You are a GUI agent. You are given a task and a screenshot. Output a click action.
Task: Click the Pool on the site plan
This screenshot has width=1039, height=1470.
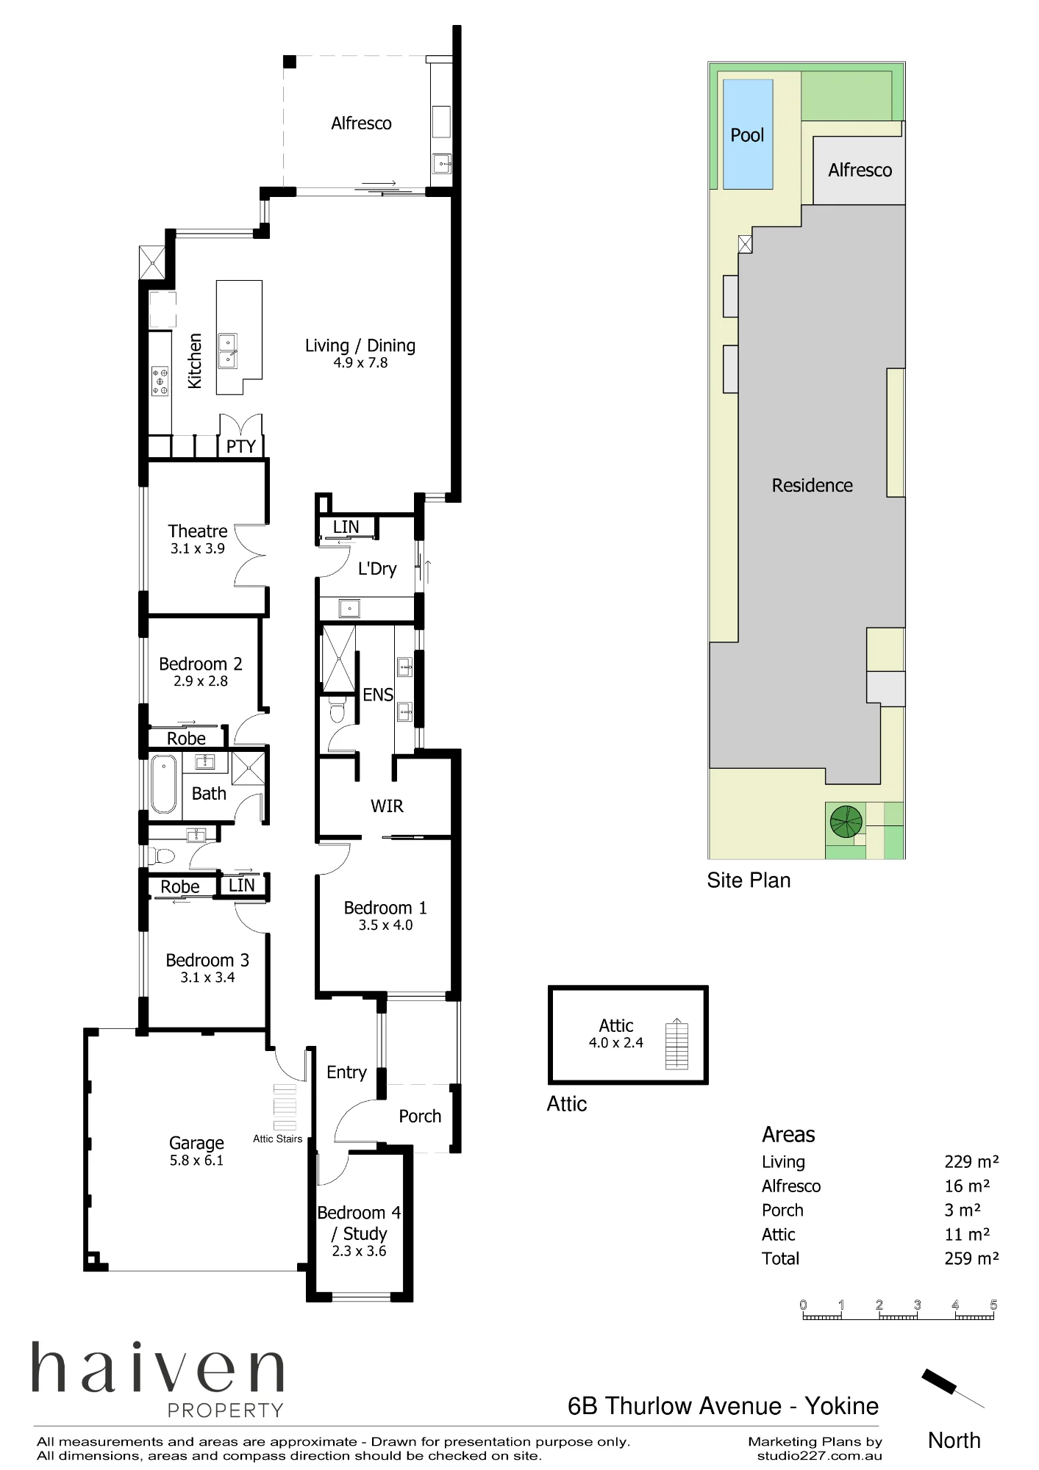[748, 134]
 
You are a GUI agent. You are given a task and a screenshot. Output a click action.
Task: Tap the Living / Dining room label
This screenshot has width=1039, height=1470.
[360, 345]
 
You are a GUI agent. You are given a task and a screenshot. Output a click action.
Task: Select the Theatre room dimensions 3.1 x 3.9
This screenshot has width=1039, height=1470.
[198, 548]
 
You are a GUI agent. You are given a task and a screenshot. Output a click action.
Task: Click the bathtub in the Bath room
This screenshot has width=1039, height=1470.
[164, 786]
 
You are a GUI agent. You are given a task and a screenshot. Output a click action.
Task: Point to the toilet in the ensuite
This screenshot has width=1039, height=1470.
[337, 711]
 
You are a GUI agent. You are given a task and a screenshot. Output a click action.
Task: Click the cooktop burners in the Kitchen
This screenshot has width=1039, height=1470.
[160, 381]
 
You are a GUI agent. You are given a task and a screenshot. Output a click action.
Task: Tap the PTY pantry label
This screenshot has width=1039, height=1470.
[241, 446]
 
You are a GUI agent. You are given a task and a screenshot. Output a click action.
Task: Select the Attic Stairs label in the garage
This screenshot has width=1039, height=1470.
[277, 1139]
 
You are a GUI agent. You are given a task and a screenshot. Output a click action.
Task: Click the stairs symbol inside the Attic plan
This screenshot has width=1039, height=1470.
[676, 1044]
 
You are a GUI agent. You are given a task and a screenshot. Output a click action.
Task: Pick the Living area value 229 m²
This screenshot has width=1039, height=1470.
[971, 1161]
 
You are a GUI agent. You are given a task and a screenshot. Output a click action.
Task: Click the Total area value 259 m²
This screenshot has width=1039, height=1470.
[971, 1258]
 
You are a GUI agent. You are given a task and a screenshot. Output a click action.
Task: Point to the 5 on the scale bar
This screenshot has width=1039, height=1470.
[993, 1305]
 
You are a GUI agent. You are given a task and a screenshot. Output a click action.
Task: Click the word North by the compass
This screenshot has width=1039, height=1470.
[954, 1440]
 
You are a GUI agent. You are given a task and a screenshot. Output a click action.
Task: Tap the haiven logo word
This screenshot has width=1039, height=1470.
[157, 1368]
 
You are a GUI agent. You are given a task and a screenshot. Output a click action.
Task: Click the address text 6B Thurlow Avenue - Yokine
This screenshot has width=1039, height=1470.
[723, 1405]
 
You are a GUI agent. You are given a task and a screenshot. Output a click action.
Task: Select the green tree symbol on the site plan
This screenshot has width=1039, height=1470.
[846, 822]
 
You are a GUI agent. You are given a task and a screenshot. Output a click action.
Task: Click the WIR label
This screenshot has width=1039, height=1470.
[387, 806]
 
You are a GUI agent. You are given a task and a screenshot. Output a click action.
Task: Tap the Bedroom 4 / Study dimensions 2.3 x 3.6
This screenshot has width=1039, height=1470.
[359, 1251]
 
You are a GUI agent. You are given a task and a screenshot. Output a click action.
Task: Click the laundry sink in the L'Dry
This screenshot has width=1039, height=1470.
[349, 608]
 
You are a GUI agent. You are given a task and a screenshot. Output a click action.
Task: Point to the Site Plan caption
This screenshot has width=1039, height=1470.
[749, 880]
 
